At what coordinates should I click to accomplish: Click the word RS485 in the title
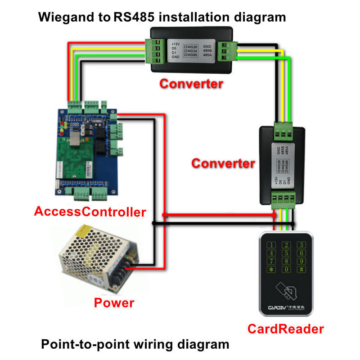tap(135, 18)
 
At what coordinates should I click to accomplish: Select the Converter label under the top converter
tap(191, 83)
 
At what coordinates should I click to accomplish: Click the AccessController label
tap(90, 211)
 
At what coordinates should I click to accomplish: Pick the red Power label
tap(114, 302)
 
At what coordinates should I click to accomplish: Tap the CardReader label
tap(285, 329)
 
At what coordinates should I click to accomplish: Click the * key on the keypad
tap(271, 270)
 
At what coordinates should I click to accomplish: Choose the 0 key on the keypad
tap(286, 270)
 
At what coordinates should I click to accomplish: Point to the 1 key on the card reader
tap(271, 245)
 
